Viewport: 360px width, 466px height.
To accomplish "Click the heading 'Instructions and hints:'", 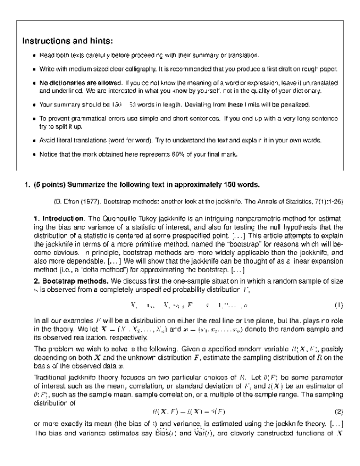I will pos(68,41).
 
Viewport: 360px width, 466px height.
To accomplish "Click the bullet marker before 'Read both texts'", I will pos(34,56).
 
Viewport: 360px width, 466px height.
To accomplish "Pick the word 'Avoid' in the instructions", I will pos(47,140).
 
